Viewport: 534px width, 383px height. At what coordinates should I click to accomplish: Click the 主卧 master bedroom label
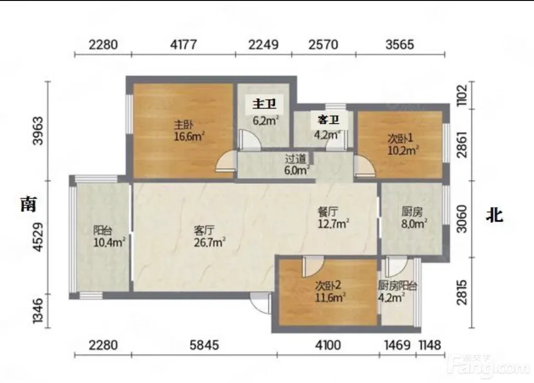pos(184,125)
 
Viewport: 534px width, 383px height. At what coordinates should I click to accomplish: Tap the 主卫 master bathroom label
pos(264,104)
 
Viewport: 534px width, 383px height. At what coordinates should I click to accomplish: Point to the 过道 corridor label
pos(296,159)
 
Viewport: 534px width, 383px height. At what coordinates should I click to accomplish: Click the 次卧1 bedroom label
pos(401,138)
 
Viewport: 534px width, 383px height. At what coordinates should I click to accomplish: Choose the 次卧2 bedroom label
pos(328,286)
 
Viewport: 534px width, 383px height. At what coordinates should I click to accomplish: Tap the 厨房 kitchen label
pos(412,212)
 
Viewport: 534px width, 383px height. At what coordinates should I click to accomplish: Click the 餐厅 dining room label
pos(328,212)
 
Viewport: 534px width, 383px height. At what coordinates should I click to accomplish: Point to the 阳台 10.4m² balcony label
pos(103,230)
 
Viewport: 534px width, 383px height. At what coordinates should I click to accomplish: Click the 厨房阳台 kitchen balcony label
pos(398,286)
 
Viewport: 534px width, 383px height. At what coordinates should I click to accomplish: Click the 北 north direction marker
pos(494,215)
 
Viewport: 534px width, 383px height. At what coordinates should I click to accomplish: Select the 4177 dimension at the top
pos(183,45)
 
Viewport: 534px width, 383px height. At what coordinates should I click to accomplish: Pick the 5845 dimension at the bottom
pos(204,345)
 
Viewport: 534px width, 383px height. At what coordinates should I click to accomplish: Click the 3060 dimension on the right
pos(462,219)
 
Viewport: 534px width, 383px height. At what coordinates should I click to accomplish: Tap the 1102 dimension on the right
pos(462,95)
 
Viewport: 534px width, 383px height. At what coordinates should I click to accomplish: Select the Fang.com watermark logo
pos(488,367)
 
